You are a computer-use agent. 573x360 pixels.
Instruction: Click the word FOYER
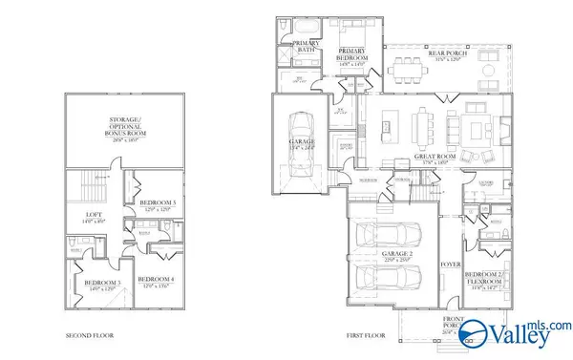450,264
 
